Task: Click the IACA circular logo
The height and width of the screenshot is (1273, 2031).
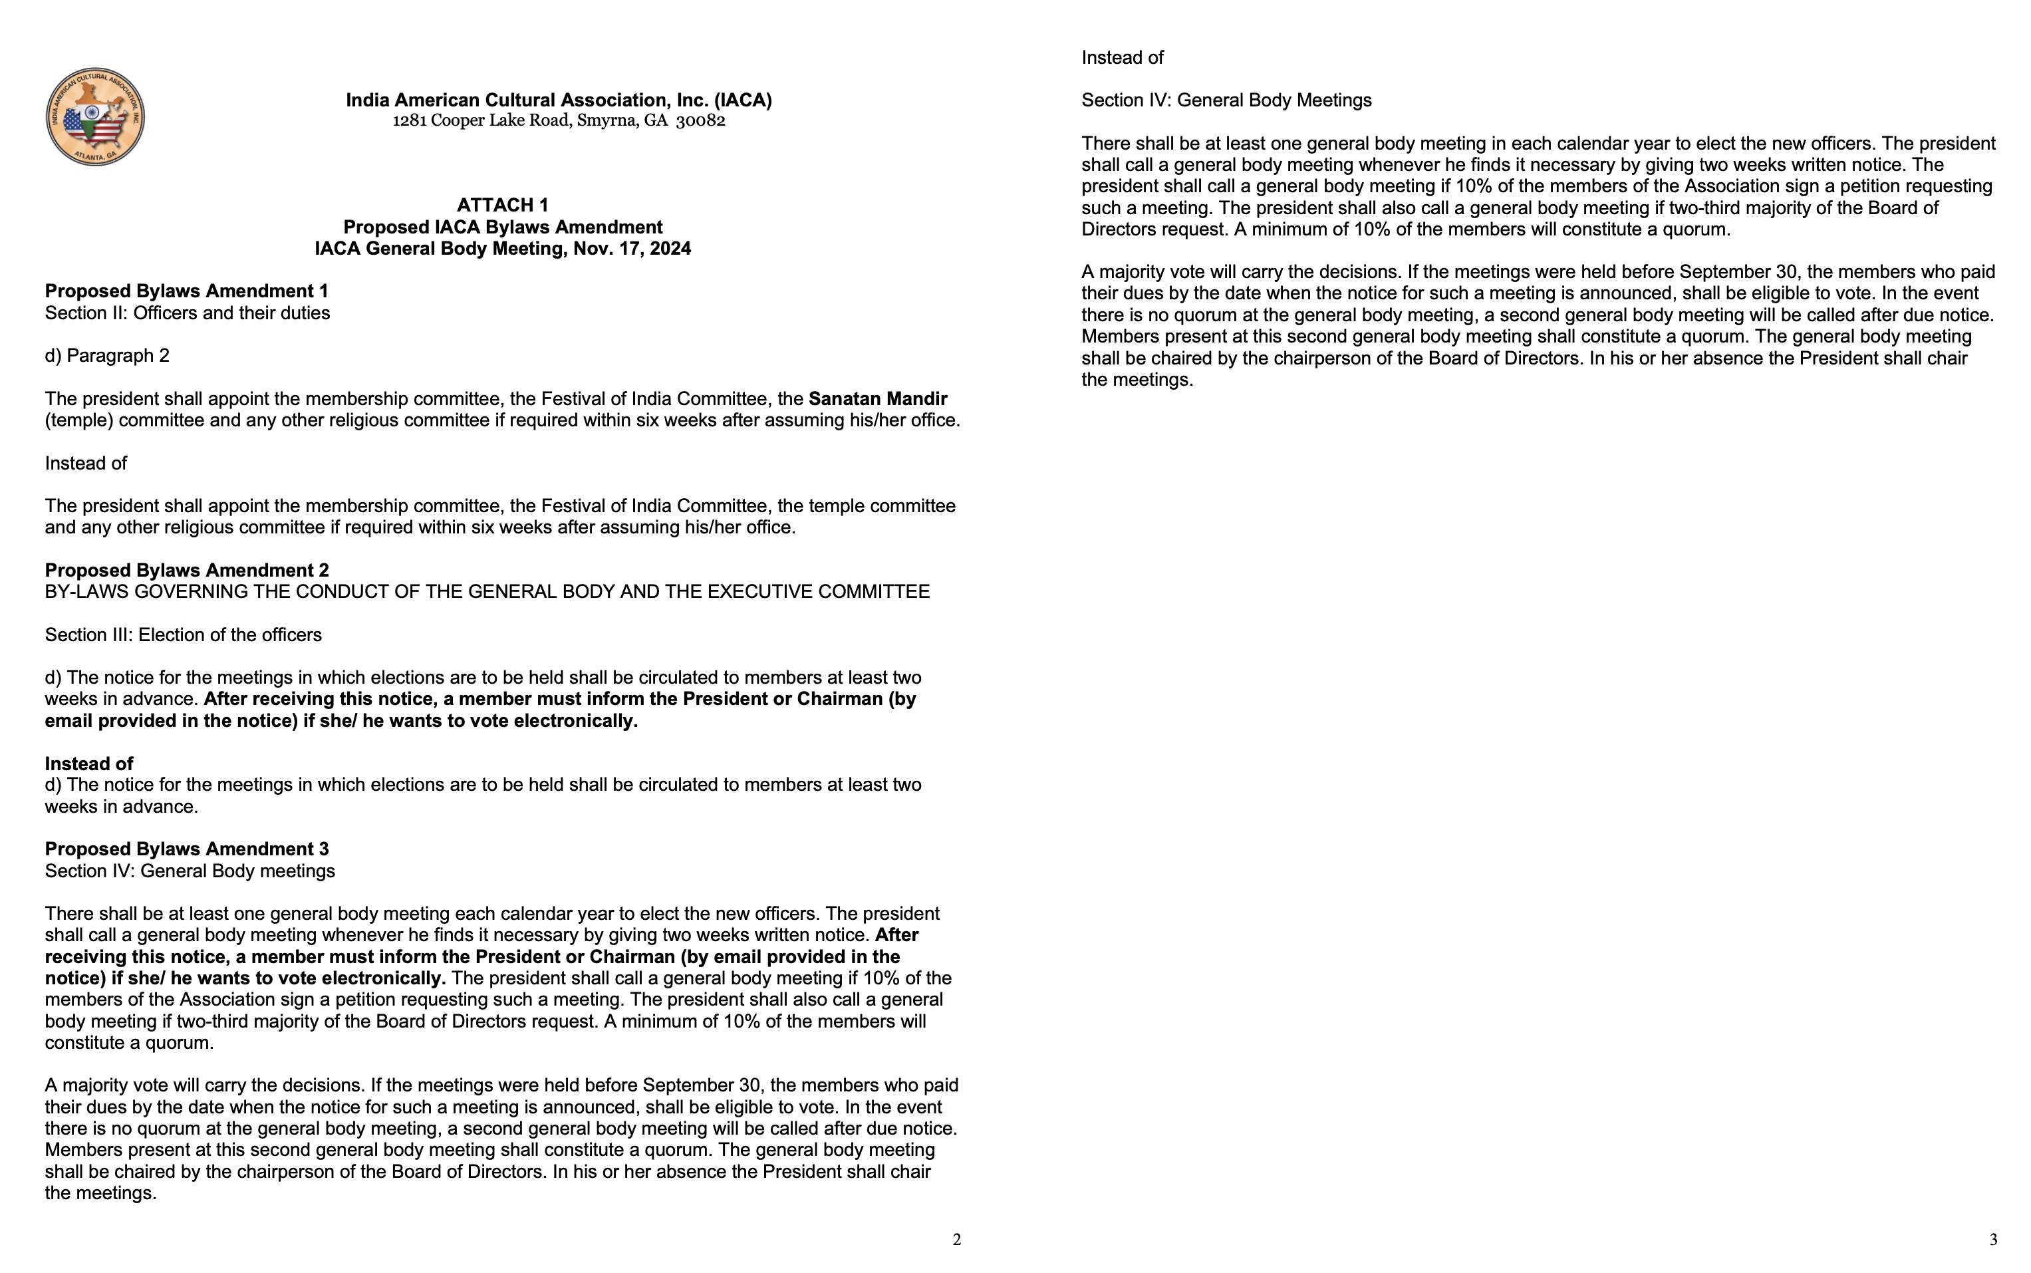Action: pos(95,117)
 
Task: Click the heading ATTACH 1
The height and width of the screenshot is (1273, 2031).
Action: pos(503,206)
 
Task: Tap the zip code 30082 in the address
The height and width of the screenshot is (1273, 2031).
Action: pos(700,120)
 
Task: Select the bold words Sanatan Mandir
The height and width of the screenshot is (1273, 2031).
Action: pos(878,399)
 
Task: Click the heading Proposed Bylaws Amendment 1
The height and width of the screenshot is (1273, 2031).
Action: pos(187,291)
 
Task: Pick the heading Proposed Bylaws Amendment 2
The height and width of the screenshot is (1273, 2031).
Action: pos(187,570)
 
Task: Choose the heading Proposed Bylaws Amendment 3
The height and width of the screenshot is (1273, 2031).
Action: pos(187,849)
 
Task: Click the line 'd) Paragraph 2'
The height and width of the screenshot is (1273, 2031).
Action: pos(107,356)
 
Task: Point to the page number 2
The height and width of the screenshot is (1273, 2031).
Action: pos(956,1239)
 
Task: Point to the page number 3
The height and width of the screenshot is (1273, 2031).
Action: pos(1993,1239)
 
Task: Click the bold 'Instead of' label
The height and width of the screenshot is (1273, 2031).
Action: pos(89,764)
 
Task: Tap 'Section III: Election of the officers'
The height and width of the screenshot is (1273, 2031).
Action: pos(184,635)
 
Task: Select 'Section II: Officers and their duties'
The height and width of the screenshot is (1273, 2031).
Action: pos(188,313)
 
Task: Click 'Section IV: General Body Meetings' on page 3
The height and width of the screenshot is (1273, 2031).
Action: pos(1226,100)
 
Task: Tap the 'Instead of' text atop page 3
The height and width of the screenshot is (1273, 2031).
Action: pos(1122,58)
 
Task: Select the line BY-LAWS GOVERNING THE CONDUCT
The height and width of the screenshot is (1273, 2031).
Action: pos(487,592)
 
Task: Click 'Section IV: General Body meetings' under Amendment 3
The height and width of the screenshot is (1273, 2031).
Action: pos(190,871)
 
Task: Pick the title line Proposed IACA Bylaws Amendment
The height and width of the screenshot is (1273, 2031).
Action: pos(503,227)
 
